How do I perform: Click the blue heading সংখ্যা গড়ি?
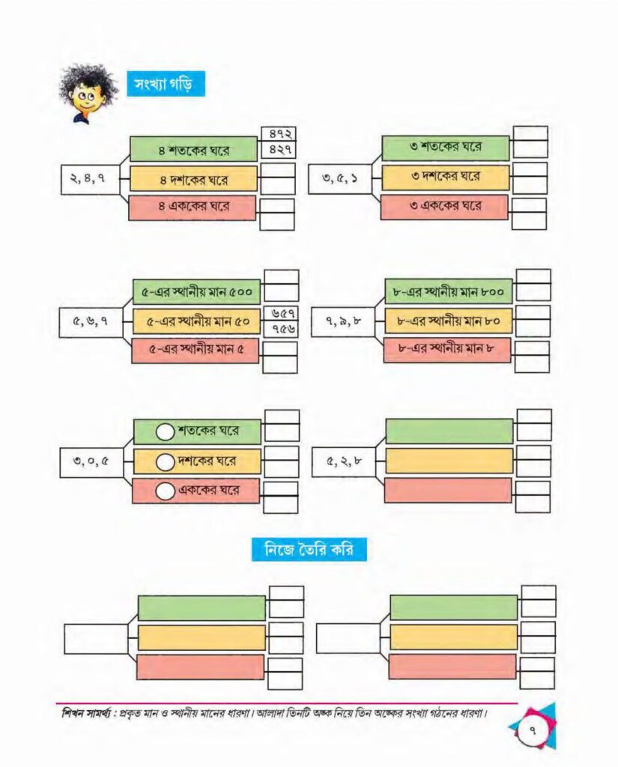tap(166, 84)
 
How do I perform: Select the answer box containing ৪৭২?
tap(277, 133)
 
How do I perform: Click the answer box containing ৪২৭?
tap(277, 150)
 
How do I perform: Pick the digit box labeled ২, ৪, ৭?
tap(91, 179)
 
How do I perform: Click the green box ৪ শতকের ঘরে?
tap(193, 149)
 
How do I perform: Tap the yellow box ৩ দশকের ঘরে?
tap(445, 177)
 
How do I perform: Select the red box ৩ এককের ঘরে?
tap(444, 207)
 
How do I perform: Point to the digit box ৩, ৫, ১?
tap(339, 179)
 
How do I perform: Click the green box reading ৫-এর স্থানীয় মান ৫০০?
tap(197, 292)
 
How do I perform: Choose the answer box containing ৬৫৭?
tap(281, 313)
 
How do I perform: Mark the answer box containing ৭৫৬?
tap(281, 329)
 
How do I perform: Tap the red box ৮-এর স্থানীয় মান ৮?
tap(446, 349)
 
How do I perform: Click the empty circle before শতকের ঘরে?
tap(166, 432)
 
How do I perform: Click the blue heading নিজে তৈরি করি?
tap(309, 549)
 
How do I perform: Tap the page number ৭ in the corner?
tap(532, 732)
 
